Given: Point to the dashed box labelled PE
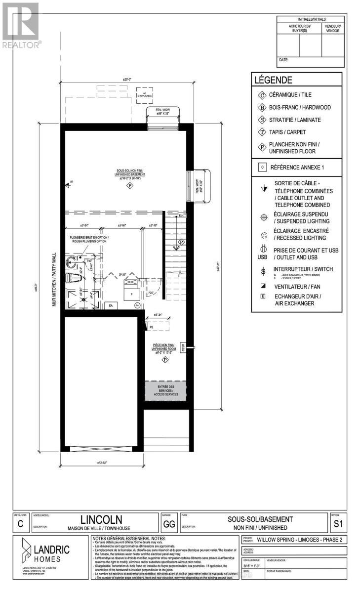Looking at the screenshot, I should tap(152, 327).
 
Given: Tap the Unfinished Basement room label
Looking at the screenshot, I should tap(130, 174).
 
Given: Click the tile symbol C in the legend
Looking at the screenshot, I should tap(262, 94).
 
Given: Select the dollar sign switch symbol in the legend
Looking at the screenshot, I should tap(263, 271).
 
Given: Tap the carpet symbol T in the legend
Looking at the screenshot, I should tap(262, 132).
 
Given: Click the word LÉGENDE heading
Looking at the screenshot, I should tap(273, 80).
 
